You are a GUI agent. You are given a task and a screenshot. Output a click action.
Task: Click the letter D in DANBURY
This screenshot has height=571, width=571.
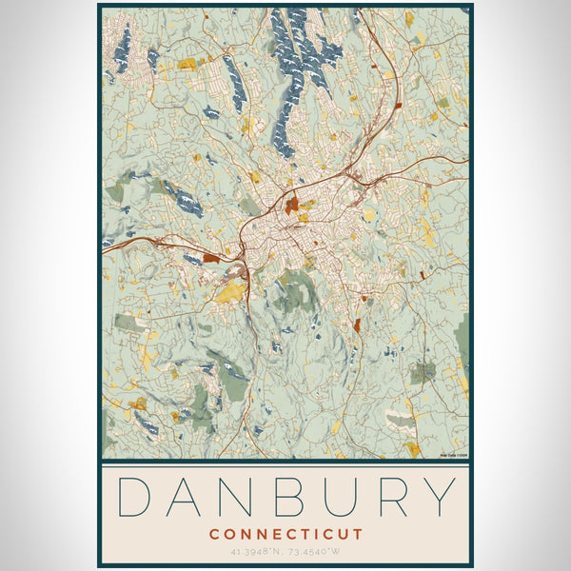135,499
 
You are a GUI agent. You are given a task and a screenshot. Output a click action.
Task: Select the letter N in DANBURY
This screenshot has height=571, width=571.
238,499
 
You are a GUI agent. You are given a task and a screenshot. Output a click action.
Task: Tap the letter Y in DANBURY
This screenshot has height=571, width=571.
437,499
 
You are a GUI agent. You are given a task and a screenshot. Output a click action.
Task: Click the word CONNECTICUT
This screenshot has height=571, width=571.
285,534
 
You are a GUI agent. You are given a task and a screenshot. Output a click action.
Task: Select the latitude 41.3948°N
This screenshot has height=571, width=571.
254,550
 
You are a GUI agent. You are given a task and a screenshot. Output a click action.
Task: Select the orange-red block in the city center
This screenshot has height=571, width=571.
292,203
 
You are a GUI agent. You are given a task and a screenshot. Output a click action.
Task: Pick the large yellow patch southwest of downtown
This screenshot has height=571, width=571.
228,292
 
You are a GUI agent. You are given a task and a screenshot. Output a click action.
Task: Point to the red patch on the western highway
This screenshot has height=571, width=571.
210,258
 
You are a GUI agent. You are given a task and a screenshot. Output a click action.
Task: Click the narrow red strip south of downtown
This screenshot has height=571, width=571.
357,325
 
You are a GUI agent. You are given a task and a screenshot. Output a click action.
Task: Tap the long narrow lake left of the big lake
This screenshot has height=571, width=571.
234,81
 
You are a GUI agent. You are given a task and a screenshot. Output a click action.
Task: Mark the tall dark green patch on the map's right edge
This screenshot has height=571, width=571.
463,343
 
